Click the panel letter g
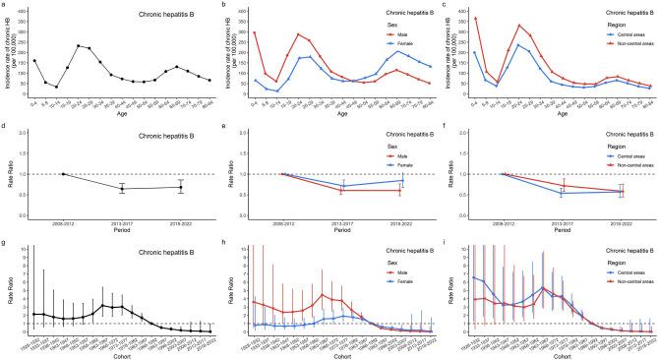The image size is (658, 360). pyautogui.click(x=4, y=240)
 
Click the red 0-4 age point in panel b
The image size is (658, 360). pyautogui.click(x=255, y=32)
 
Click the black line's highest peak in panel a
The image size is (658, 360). pyautogui.click(x=79, y=45)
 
